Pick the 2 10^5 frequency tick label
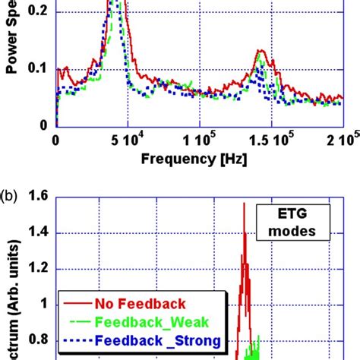[340, 141]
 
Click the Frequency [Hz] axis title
[201, 162]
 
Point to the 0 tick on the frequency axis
[55, 141]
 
